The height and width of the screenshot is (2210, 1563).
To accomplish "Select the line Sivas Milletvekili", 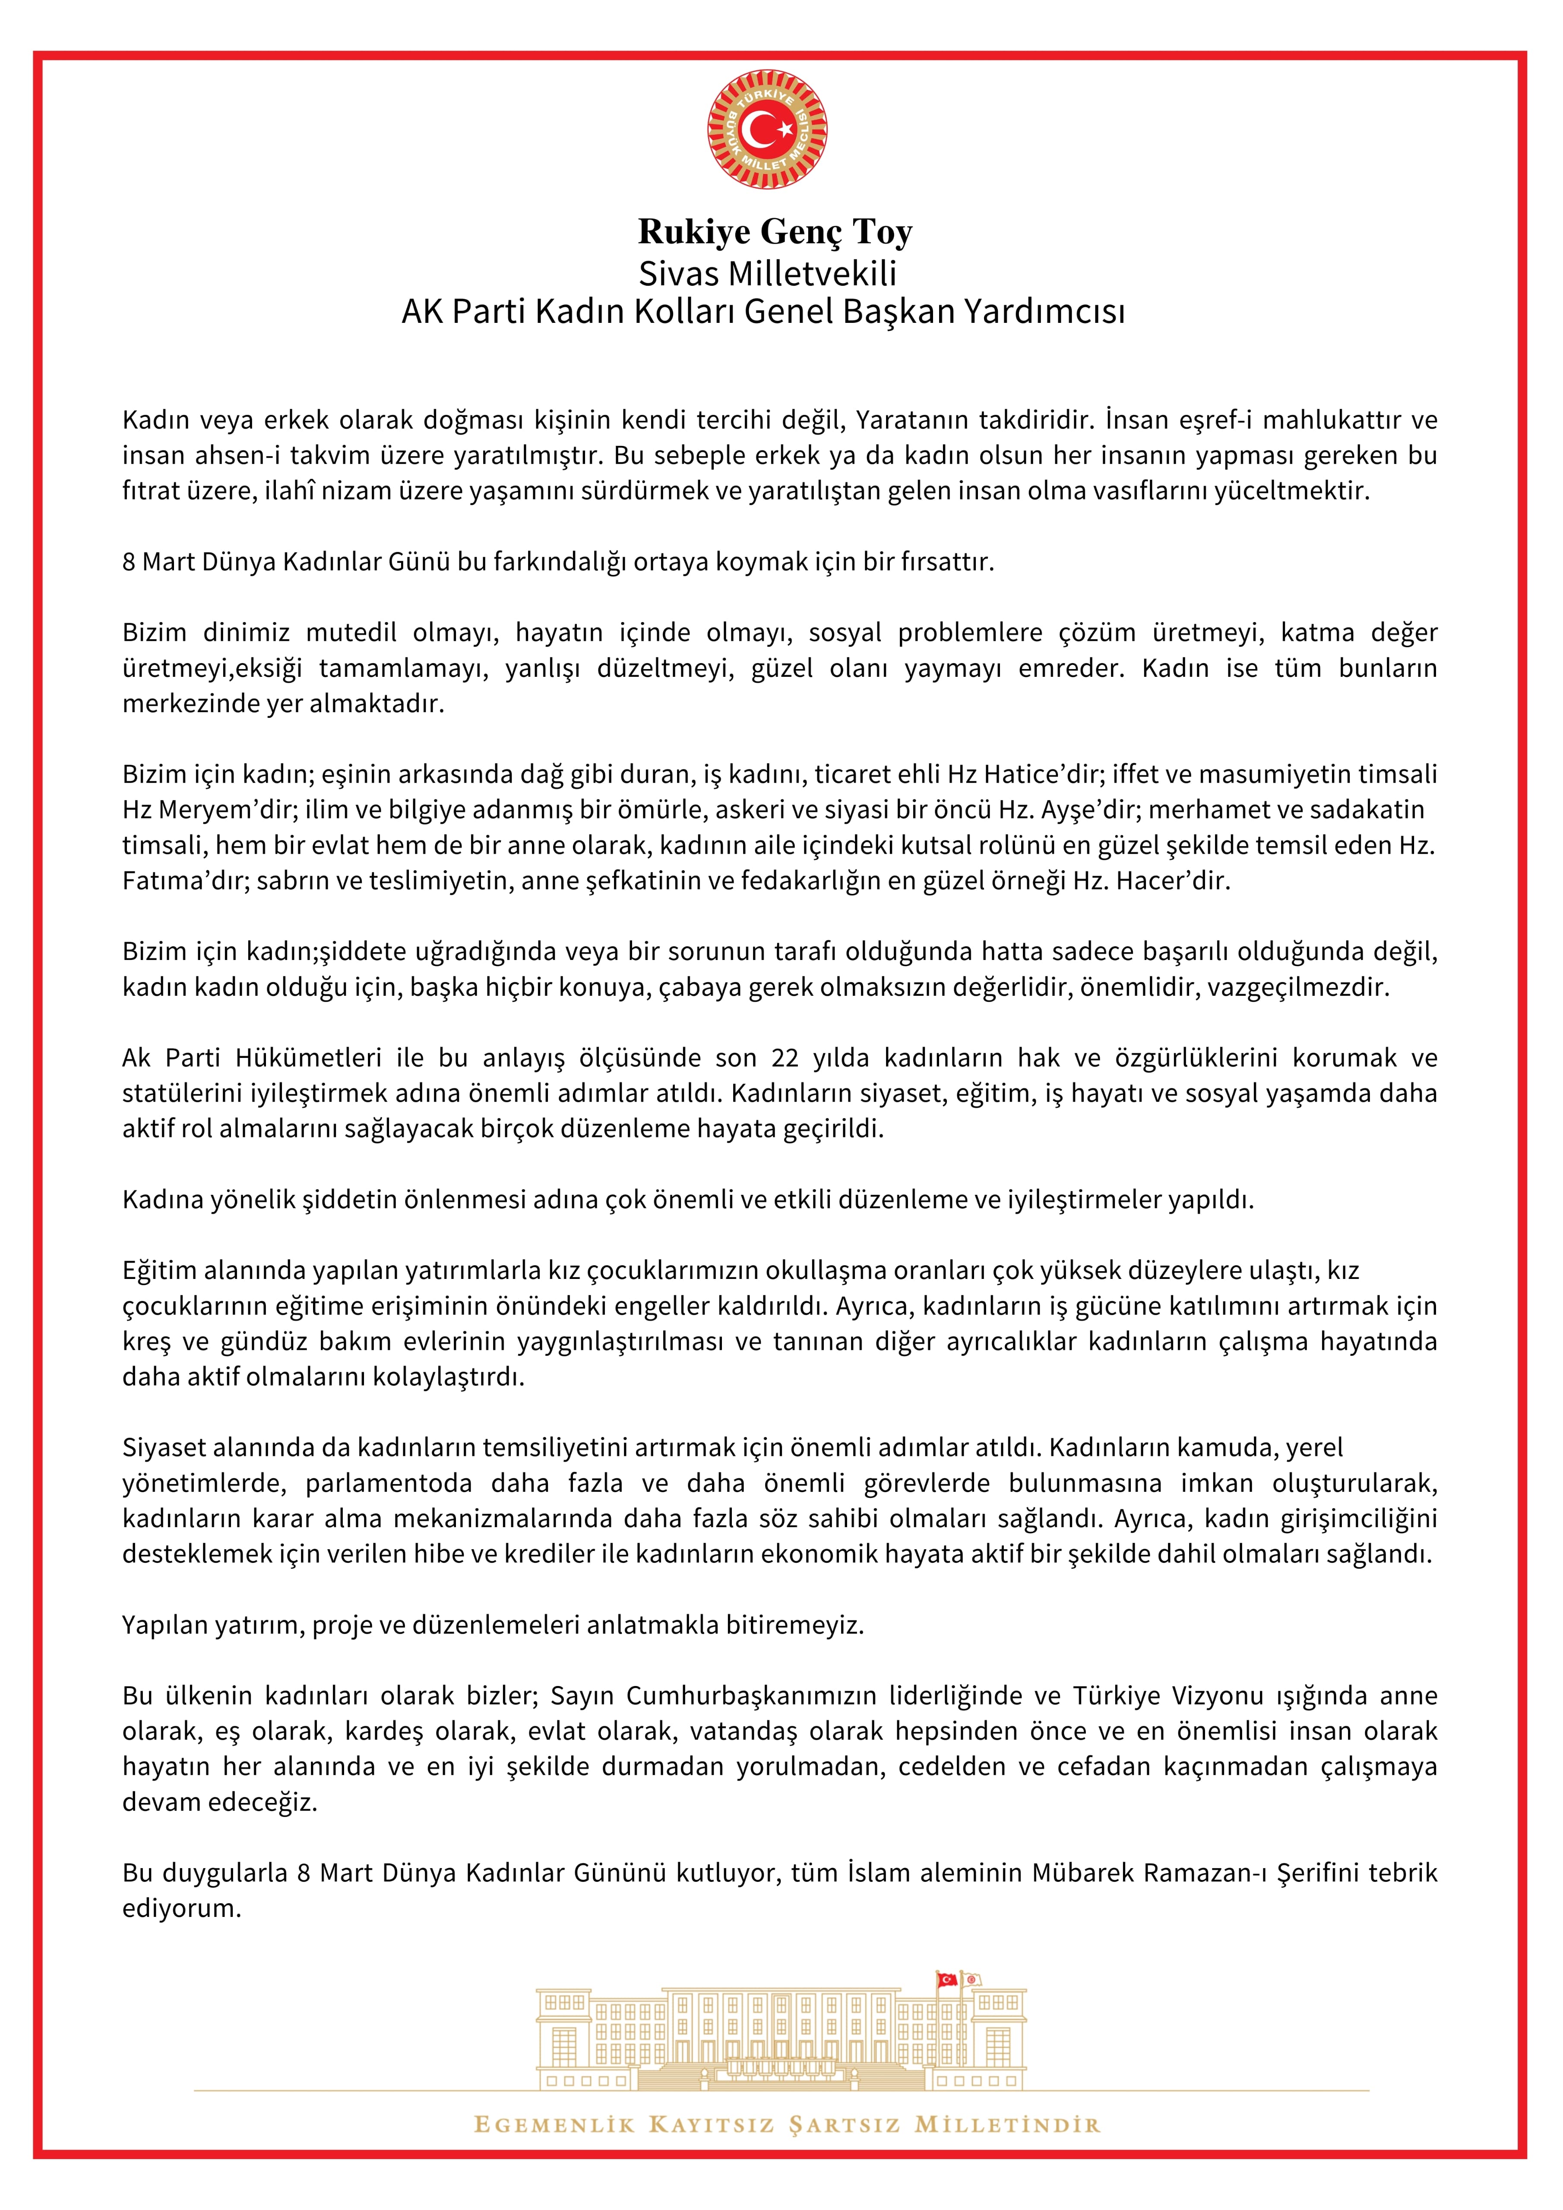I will coord(768,273).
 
